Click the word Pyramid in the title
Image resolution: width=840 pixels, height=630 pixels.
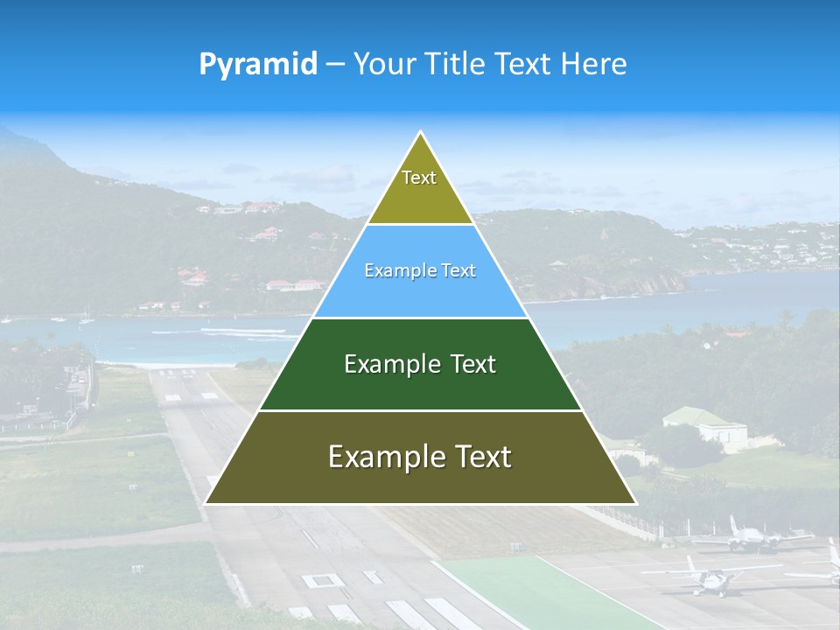pyautogui.click(x=257, y=65)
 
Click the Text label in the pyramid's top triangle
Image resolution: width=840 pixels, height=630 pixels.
pyautogui.click(x=419, y=178)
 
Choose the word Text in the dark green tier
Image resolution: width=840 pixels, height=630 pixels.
pyautogui.click(x=473, y=364)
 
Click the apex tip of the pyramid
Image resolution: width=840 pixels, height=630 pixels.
pyautogui.click(x=421, y=132)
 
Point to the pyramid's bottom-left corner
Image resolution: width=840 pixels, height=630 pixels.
pyautogui.click(x=206, y=503)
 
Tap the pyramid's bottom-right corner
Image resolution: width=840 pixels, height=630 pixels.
pyautogui.click(x=636, y=503)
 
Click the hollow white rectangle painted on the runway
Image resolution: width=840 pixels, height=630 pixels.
pyautogui.click(x=322, y=579)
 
